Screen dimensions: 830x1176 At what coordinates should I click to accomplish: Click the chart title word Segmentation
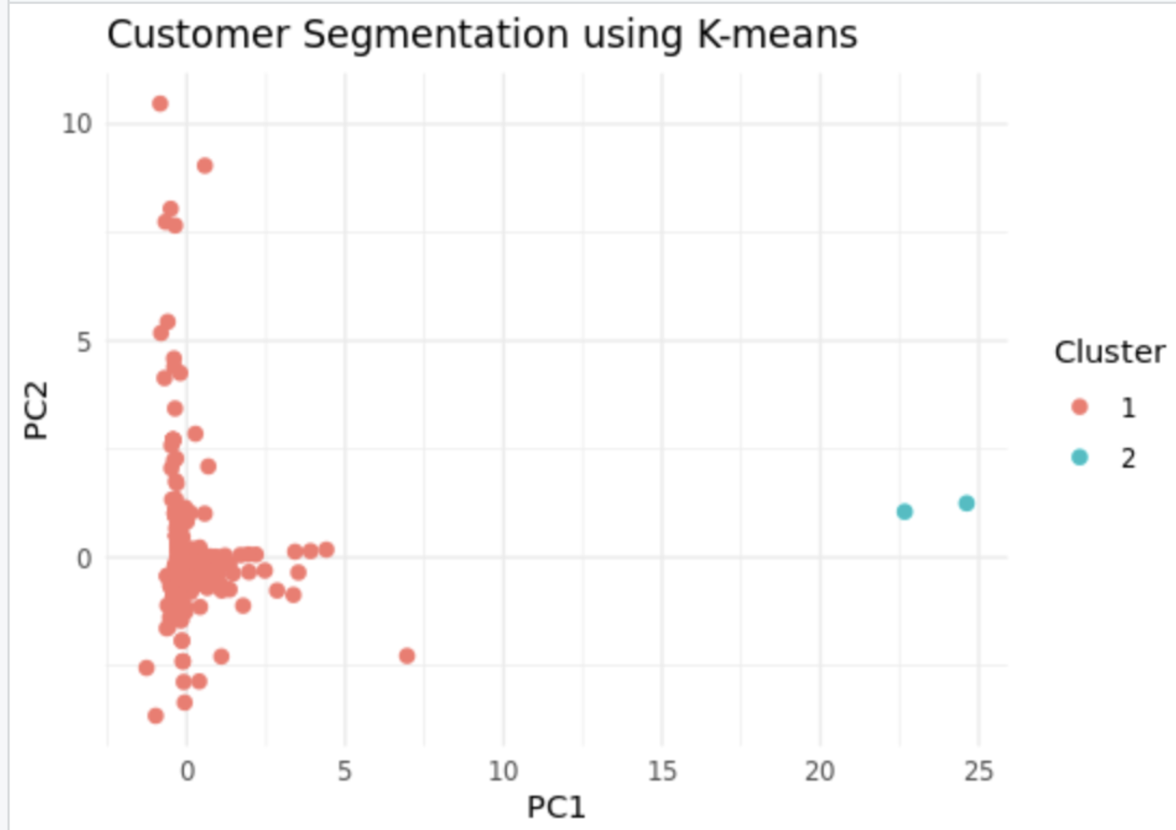coord(435,35)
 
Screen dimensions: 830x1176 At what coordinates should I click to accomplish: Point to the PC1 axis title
coord(556,807)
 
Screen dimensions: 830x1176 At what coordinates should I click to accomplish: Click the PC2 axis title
coord(36,410)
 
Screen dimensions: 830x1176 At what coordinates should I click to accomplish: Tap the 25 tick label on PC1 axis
coord(979,771)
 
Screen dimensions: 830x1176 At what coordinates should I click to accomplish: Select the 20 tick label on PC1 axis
coord(820,771)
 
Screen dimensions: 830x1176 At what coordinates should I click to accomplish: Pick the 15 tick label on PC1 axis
coord(662,771)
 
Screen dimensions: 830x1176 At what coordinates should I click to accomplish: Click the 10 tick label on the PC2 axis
coord(77,123)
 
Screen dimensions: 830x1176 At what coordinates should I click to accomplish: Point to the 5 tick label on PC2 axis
coord(84,342)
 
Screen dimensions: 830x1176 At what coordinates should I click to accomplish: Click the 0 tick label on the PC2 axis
coord(84,559)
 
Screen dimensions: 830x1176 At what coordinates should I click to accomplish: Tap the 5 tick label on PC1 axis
coord(344,771)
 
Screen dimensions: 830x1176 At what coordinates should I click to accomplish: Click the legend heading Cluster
coord(1109,352)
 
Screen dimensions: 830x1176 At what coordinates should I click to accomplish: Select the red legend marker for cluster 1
coord(1079,406)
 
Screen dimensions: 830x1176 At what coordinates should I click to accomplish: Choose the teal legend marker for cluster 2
coord(1079,457)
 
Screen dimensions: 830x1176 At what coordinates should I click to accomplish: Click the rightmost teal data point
coord(966,503)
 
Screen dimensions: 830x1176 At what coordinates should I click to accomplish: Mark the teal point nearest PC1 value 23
coord(904,512)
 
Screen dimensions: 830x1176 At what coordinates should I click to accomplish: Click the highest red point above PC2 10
coord(160,104)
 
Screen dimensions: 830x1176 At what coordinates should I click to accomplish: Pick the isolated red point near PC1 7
coord(406,656)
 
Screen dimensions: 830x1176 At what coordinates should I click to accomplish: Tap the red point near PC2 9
coord(204,165)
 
